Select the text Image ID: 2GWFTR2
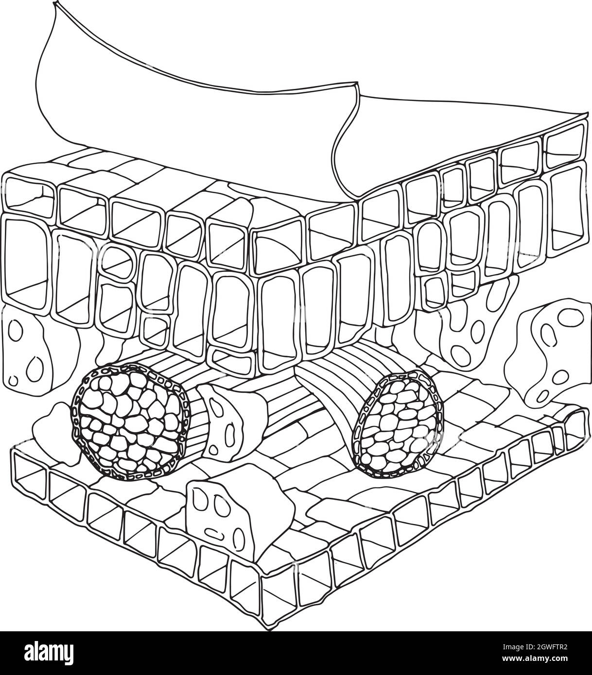click(x=535, y=647)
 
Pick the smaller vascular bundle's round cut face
click(x=398, y=423)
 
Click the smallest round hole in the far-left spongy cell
click(x=14, y=380)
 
